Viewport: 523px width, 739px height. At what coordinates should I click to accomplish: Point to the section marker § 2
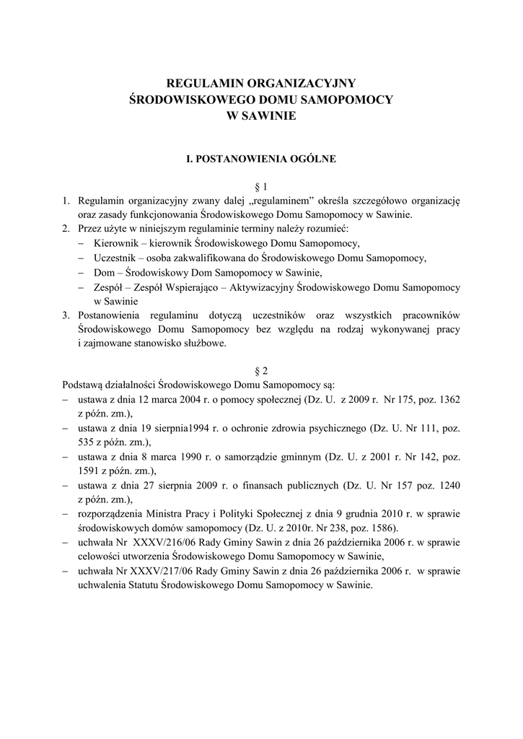click(261, 370)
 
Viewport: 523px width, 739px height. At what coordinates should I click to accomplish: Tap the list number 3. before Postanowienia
click(65, 315)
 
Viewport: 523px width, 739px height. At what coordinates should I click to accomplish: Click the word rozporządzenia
click(115, 513)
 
